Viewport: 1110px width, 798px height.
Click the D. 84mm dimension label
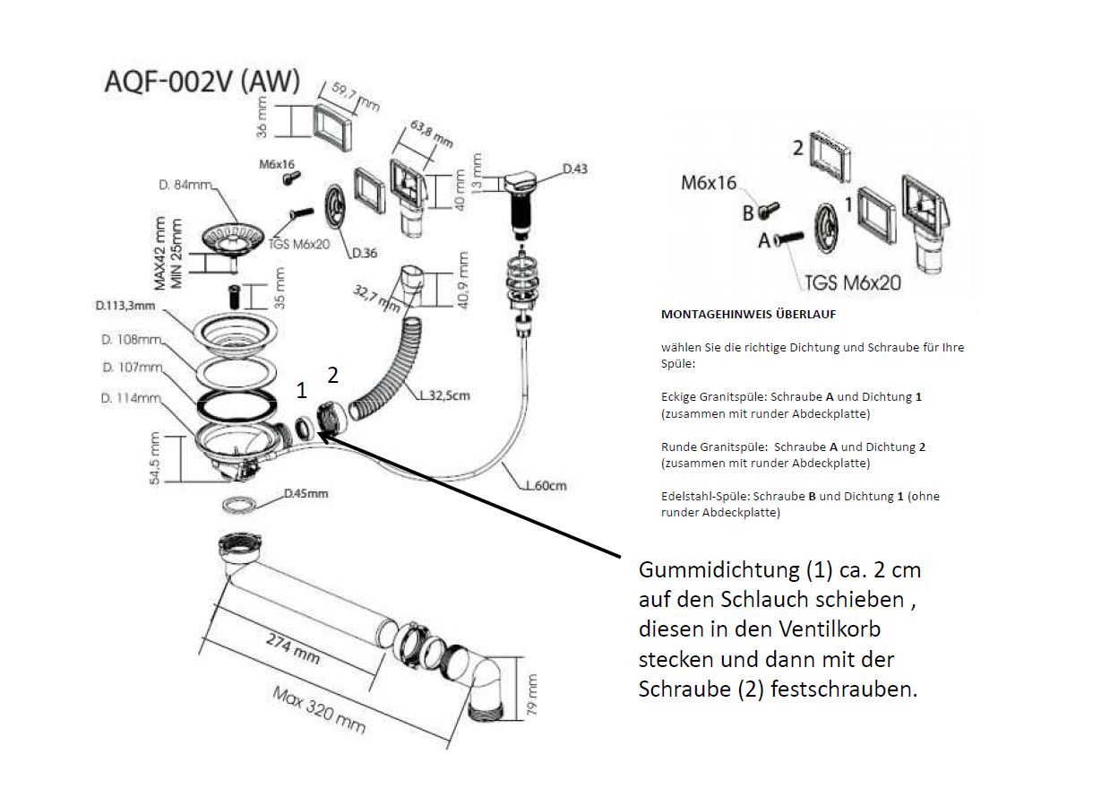click(185, 186)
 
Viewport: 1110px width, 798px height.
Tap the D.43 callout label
click(574, 169)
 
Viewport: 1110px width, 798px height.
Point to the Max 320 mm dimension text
click(319, 709)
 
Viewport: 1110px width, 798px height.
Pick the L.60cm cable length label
click(545, 486)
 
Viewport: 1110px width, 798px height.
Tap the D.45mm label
click(305, 493)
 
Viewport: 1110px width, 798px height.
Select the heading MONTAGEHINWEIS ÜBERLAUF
click(748, 315)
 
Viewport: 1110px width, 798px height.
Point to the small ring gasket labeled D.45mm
click(239, 504)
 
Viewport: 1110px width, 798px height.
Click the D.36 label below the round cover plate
click(364, 253)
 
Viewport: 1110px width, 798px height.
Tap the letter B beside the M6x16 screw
click(748, 213)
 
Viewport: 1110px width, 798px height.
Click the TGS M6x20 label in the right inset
click(851, 283)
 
